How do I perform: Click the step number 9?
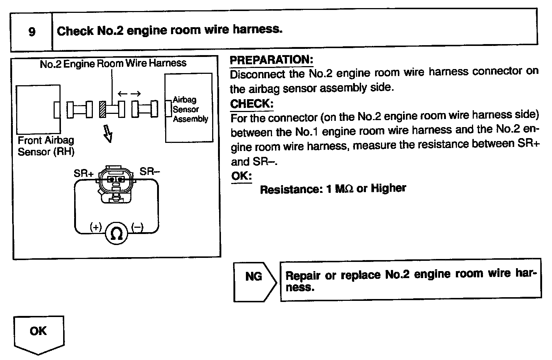(x=32, y=32)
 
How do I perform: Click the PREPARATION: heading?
(x=271, y=60)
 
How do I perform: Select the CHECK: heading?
(x=251, y=104)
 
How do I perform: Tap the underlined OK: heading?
(x=241, y=176)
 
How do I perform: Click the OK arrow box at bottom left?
(x=39, y=332)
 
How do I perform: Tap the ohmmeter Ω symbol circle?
(x=117, y=233)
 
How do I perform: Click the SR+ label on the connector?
(x=84, y=173)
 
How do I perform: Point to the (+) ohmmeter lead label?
(x=95, y=227)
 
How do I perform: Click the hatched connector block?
(x=103, y=109)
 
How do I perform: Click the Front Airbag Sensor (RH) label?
(x=46, y=146)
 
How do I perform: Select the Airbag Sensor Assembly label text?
(x=190, y=109)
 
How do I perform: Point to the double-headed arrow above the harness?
(x=129, y=94)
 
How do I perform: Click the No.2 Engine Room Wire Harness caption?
(x=113, y=64)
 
